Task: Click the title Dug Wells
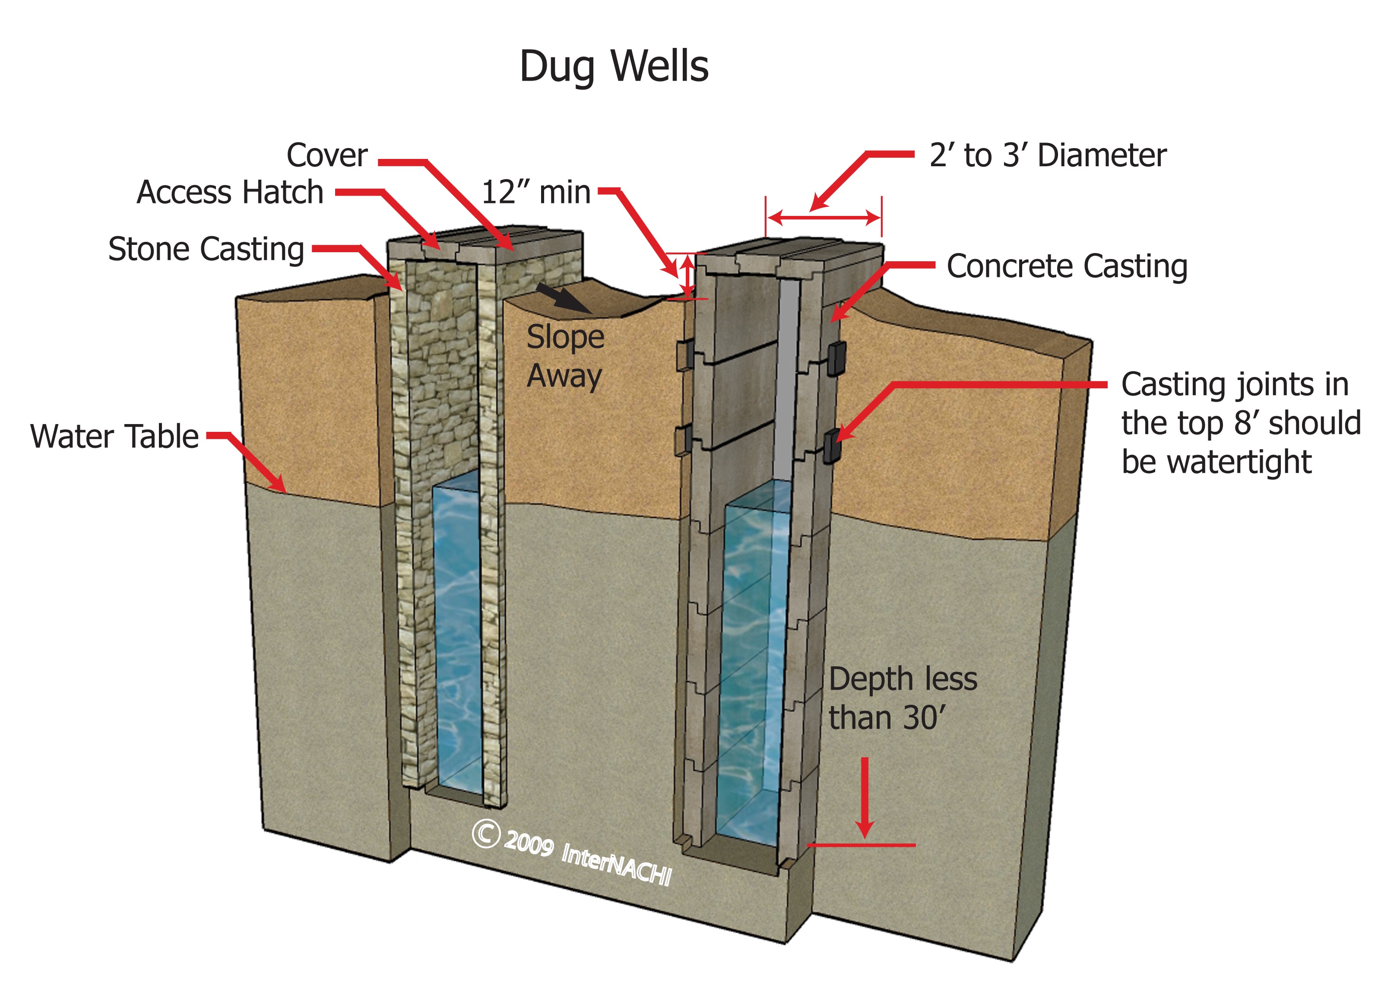click(x=614, y=67)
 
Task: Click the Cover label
click(x=327, y=155)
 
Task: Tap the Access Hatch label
click(x=230, y=192)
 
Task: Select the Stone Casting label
click(x=206, y=249)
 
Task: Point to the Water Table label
click(x=114, y=436)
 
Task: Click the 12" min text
click(x=536, y=192)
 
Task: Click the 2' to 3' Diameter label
click(x=1048, y=155)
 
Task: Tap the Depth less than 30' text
click(x=902, y=699)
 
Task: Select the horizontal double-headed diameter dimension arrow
click(x=824, y=217)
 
